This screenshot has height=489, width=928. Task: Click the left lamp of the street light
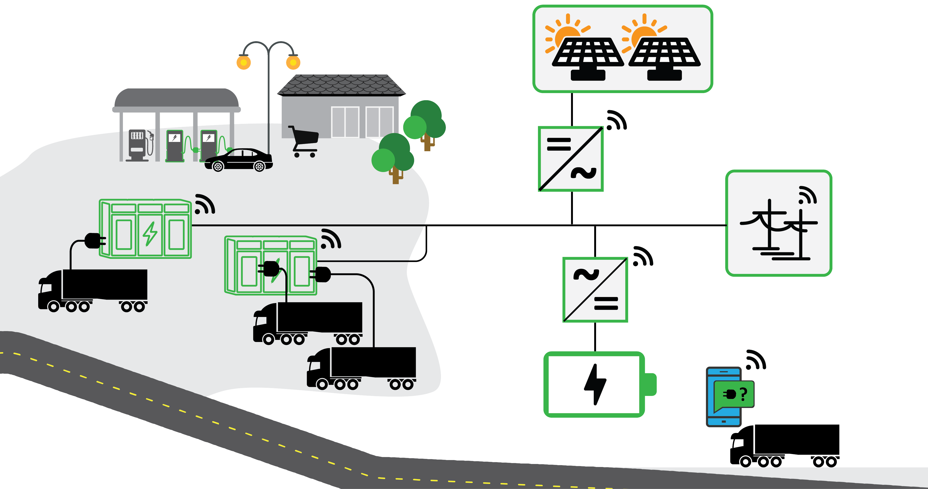point(244,62)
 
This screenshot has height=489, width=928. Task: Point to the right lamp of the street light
point(293,62)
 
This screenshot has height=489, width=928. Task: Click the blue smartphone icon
point(723,396)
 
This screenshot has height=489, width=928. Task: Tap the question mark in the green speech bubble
point(744,394)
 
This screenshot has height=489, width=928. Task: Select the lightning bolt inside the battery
point(595,384)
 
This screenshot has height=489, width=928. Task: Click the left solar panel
point(588,54)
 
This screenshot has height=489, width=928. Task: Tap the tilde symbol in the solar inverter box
point(583,173)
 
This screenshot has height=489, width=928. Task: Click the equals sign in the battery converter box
point(606,303)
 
